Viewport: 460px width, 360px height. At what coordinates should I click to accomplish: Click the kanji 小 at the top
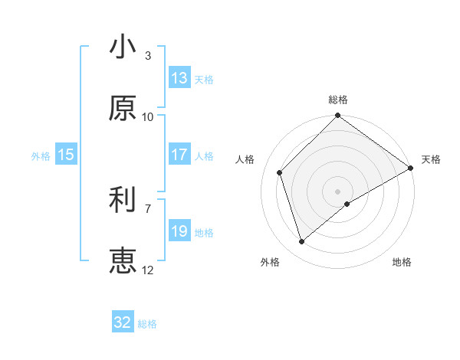point(123,47)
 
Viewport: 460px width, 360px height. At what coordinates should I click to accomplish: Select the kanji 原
point(123,109)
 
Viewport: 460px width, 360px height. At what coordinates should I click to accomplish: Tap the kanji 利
point(123,201)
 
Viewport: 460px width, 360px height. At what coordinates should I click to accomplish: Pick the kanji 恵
point(123,261)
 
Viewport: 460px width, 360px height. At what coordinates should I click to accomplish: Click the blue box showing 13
point(179,78)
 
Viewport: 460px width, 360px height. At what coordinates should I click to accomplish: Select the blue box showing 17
point(179,155)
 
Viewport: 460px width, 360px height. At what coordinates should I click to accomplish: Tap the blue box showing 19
point(179,231)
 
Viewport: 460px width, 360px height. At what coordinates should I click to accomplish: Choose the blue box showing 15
point(66,155)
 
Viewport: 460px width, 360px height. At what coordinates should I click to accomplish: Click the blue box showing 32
point(123,322)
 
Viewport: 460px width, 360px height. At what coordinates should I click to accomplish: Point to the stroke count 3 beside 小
point(148,56)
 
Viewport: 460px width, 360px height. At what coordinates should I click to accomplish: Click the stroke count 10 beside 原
point(148,117)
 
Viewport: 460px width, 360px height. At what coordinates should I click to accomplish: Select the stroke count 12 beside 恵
point(148,270)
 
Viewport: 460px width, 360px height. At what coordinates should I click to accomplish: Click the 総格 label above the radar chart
point(338,100)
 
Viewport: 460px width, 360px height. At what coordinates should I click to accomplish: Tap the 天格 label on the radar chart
point(431,159)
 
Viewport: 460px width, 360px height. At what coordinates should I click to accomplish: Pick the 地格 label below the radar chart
point(402,263)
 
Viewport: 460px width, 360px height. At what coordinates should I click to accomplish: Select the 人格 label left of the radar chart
point(245,159)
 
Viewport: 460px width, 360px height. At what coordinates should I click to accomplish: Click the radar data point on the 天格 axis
point(411,168)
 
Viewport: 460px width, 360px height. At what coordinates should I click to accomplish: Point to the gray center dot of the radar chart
point(338,191)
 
